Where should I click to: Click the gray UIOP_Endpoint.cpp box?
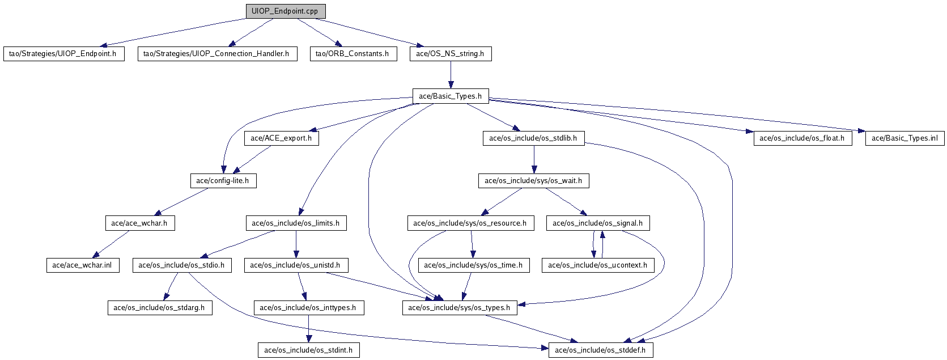286,11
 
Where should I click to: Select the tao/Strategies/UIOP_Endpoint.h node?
63,54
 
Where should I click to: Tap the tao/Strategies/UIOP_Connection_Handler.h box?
216,54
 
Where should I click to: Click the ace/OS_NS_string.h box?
450,54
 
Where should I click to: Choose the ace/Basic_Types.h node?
450,96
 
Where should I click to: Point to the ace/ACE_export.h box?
281,138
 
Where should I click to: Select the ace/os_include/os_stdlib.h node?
533,138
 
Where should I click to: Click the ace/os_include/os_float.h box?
802,138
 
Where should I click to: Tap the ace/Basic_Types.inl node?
904,138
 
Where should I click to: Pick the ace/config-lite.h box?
223,181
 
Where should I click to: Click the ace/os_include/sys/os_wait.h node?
534,181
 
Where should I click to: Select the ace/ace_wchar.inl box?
82,265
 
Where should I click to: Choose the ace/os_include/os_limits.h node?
295,223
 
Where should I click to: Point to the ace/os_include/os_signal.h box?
597,223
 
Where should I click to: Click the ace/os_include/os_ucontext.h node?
597,265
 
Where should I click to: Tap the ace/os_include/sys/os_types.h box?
459,308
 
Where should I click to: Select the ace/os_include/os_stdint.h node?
308,350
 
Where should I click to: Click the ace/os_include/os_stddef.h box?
601,350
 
